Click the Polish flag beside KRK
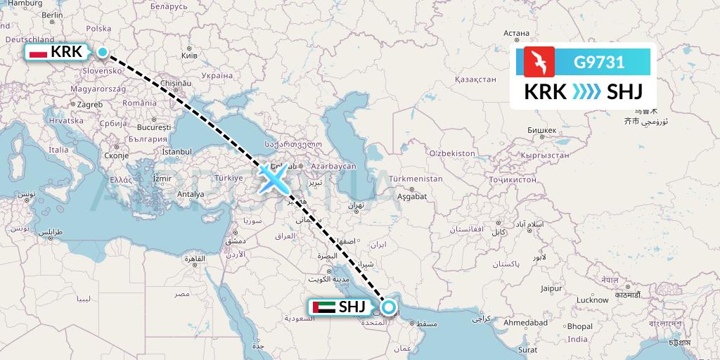point(38,52)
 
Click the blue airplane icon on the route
point(273,177)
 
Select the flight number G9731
point(599,62)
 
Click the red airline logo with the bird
point(539,62)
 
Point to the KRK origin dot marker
point(103,51)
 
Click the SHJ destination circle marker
point(387,307)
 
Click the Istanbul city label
point(176,151)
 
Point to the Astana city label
point(516,32)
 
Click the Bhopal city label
point(580,326)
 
